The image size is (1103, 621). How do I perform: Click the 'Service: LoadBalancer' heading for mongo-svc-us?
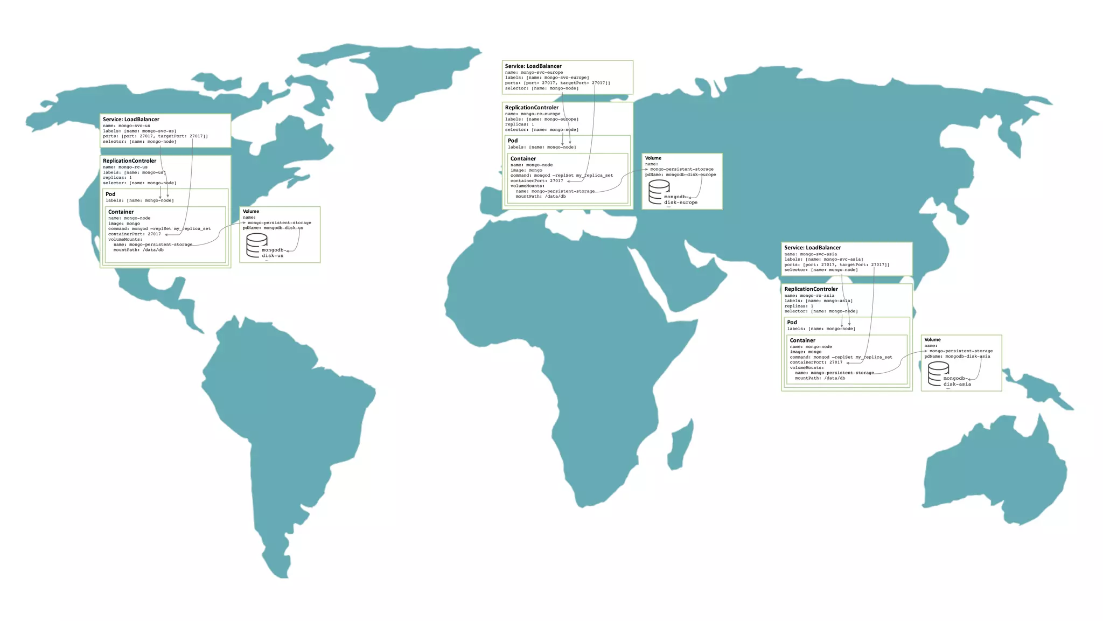[x=131, y=120]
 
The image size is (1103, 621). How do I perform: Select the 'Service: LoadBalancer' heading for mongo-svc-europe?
[x=533, y=66]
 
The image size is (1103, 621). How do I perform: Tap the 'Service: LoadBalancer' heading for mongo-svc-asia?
[x=812, y=248]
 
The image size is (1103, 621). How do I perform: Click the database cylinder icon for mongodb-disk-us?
[x=257, y=245]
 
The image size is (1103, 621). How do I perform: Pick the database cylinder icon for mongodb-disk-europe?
[x=659, y=192]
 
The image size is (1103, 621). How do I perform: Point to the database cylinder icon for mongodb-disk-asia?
[x=938, y=374]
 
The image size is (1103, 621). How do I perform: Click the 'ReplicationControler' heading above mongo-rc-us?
[x=129, y=161]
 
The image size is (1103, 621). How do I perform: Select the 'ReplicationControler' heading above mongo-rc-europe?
[x=532, y=108]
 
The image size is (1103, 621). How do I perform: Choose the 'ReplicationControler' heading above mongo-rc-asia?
[x=811, y=289]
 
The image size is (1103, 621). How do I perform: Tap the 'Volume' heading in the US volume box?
[x=251, y=211]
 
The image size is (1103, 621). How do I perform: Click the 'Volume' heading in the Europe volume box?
[x=653, y=158]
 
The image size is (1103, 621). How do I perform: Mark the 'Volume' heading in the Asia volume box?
[x=932, y=340]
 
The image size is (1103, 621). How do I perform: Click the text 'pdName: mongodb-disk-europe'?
[x=680, y=175]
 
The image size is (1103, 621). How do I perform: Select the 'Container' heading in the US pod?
[x=121, y=212]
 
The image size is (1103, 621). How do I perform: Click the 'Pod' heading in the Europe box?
[x=513, y=141]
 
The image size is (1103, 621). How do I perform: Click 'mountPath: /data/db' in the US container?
[x=138, y=250]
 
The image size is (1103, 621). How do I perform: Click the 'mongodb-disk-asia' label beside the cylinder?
[x=957, y=381]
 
